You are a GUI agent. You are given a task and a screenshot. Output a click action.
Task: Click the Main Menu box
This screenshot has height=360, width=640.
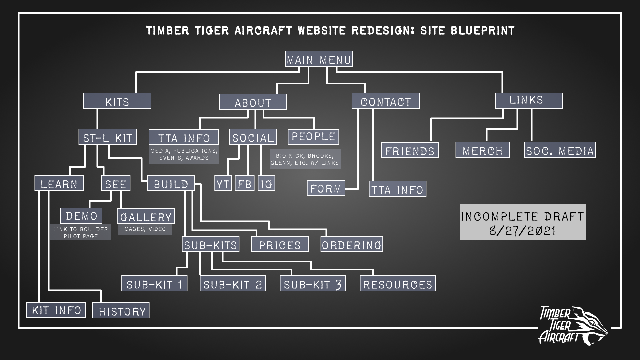coord(319,59)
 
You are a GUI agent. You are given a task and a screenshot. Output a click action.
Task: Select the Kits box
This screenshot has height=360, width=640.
coord(117,101)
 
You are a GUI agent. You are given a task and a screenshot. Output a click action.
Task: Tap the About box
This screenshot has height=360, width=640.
coord(253,102)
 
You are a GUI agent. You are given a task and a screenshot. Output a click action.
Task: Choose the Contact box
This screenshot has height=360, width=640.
coord(385,101)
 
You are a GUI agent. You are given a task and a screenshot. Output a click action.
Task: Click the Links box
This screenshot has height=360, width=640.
coord(529,100)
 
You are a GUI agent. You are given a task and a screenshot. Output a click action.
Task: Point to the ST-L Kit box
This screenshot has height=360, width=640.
coord(107,137)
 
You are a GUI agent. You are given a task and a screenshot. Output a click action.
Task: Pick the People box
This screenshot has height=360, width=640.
coord(313,137)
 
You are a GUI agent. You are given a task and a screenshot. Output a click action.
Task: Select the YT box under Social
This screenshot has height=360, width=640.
coord(223,183)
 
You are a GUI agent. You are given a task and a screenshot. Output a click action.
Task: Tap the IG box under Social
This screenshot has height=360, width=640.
coord(266,183)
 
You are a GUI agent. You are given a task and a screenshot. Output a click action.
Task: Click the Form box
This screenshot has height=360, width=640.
coord(326,188)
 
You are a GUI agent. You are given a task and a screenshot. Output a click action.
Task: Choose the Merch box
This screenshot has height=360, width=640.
coord(482,150)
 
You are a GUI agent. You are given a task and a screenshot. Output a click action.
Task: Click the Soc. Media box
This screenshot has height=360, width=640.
coord(560,150)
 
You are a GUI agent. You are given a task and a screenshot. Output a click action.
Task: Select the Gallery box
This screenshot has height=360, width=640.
coord(146,216)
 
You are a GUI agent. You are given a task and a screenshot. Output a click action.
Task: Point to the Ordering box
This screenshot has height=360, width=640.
coord(352,244)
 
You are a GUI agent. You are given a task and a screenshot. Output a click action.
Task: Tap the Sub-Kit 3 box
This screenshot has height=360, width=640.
coord(313,284)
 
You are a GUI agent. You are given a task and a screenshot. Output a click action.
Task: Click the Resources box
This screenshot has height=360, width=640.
coord(397,284)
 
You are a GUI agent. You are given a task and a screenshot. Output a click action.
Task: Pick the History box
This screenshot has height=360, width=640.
coord(121,311)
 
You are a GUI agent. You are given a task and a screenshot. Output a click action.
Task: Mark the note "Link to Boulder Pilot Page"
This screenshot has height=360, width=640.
coord(81,233)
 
